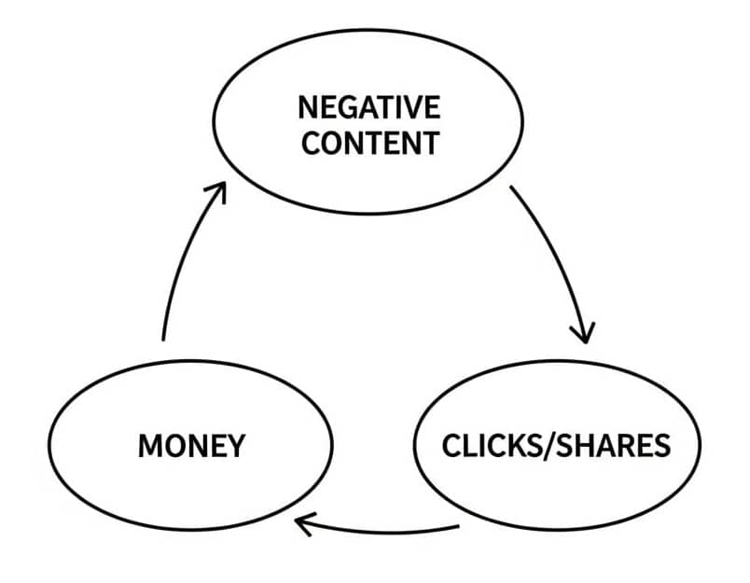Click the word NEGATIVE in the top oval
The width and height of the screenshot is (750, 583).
pos(368,108)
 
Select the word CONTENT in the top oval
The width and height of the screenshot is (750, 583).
pos(369,144)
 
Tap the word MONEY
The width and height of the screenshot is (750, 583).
pos(191,445)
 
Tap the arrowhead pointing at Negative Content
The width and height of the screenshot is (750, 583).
pos(216,191)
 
